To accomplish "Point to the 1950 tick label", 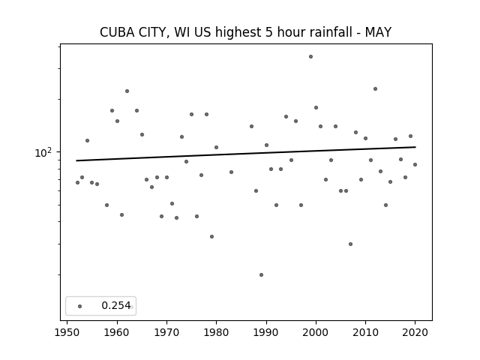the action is pos(67,332).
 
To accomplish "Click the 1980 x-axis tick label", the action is pos(216,332).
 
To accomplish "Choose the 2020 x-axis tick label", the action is pos(415,332).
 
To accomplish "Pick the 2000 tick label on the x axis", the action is pos(316,332).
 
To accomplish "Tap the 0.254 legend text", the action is pos(116,305).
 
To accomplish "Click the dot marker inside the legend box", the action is pos(80,306).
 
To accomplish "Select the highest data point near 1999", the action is pos(310,57).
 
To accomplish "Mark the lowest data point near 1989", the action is pos(261,275).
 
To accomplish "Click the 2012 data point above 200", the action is pos(375,89).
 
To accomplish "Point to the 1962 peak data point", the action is pos(127,91).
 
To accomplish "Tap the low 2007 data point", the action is pos(350,244).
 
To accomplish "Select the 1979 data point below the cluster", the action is pos(211,237).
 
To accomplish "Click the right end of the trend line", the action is pos(415,147).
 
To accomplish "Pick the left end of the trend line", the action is pos(76,160).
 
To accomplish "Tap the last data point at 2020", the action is pos(415,165).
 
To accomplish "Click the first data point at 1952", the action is pos(77,183).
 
